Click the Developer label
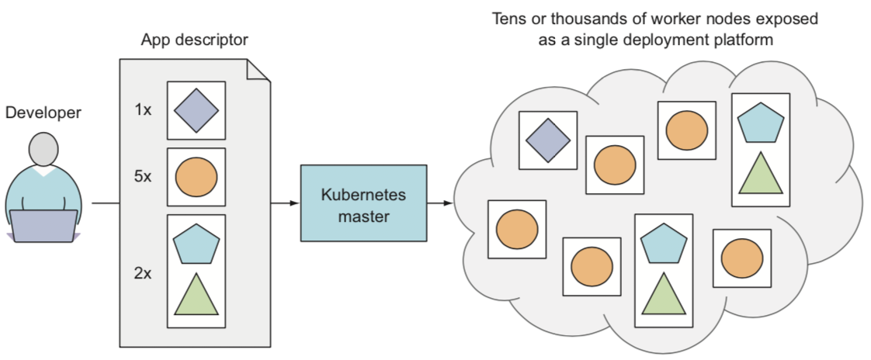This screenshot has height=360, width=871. [43, 113]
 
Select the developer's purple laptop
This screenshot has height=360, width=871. [43, 226]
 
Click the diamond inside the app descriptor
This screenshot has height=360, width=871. [196, 111]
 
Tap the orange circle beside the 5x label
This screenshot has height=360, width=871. [196, 177]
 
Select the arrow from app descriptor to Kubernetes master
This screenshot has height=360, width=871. [284, 203]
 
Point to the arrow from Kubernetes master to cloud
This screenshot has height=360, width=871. [440, 203]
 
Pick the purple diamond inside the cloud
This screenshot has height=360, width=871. [547, 138]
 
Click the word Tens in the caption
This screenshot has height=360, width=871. [507, 18]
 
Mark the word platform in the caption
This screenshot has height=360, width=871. [744, 39]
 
